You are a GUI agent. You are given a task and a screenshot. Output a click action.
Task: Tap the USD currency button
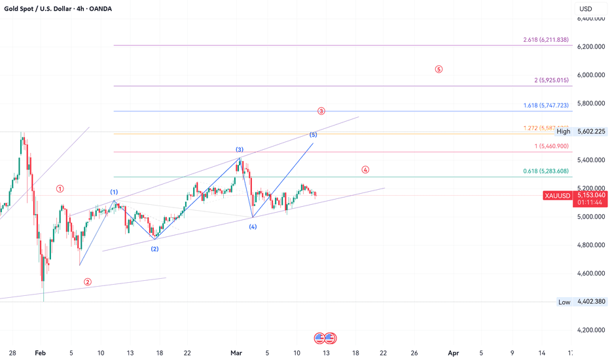click(x=584, y=9)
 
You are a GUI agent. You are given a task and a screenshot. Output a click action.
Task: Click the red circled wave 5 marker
click(x=439, y=69)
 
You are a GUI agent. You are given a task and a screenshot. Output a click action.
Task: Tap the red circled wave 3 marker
click(x=321, y=111)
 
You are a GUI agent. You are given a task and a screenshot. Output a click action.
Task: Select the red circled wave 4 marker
click(x=365, y=170)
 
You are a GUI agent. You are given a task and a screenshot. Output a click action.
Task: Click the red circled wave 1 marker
click(x=60, y=189)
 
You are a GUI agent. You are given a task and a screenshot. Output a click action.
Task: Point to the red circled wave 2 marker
click(x=88, y=282)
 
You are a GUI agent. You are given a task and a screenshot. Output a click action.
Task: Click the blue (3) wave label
click(x=240, y=150)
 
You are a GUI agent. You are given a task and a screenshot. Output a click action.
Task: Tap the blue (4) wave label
click(x=253, y=226)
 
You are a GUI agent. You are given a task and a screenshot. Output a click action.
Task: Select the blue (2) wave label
click(x=154, y=249)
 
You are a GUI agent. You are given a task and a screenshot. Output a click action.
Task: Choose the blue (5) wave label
click(x=314, y=135)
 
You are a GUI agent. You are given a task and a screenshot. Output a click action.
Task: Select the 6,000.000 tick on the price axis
click(x=592, y=75)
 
